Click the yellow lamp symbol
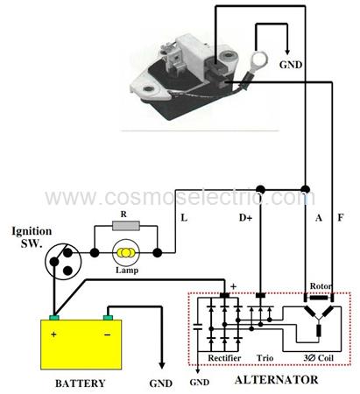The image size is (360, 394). (125, 253)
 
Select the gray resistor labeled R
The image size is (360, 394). (126, 226)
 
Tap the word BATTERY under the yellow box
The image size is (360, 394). (81, 383)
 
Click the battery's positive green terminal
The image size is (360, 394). (54, 318)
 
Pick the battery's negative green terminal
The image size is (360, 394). (108, 318)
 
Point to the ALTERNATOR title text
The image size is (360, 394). (276, 380)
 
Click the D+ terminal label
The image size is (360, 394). (245, 217)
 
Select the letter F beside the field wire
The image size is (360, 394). (341, 217)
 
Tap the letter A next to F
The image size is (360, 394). (319, 217)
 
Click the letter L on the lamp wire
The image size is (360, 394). (184, 217)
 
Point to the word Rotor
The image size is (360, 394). (321, 286)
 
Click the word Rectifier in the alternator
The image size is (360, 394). (224, 358)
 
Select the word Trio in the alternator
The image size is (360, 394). (265, 358)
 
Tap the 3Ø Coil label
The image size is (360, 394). (318, 358)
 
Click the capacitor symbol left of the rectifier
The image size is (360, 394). (198, 327)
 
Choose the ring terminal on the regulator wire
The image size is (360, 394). (258, 60)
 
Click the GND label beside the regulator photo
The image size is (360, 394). (291, 65)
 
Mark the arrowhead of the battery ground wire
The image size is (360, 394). (162, 365)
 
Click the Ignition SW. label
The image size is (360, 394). (32, 236)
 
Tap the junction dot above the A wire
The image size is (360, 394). (305, 188)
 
